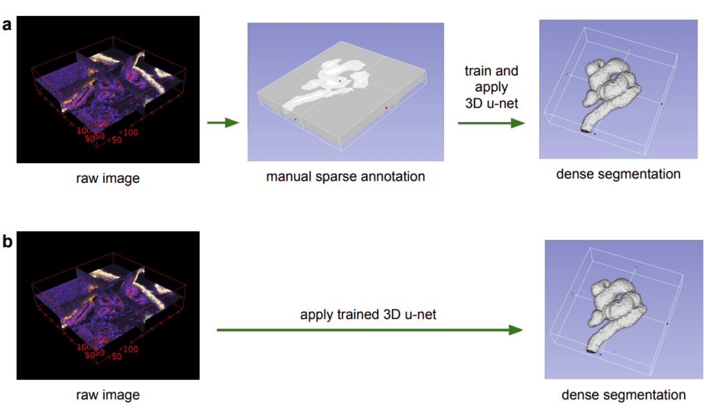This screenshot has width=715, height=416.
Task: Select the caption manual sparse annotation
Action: [345, 177]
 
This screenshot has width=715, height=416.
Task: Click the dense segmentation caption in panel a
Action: [618, 174]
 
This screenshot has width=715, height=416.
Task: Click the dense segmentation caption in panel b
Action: [623, 395]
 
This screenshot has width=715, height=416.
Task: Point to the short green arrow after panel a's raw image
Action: [223, 124]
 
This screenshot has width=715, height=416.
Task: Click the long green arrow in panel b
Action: [370, 329]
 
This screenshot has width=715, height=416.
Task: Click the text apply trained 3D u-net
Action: [368, 315]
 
